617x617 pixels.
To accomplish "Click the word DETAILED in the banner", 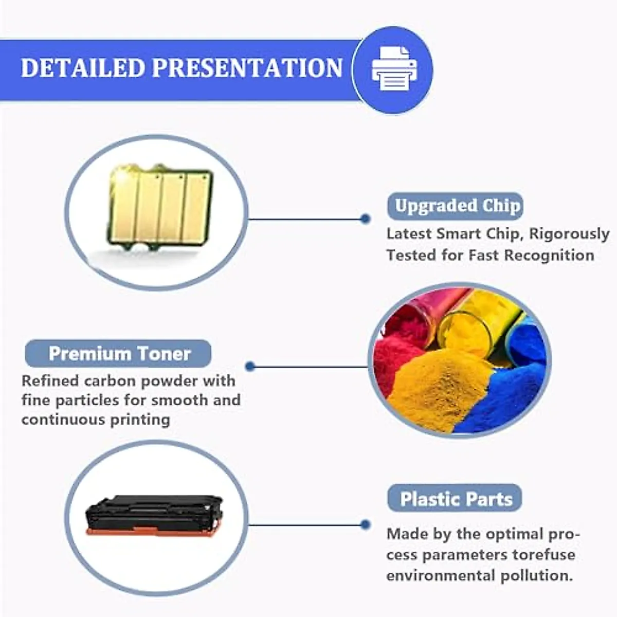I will tap(82, 68).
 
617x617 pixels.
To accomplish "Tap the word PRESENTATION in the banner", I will tap(247, 68).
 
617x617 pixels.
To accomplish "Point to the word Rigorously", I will tap(569, 234).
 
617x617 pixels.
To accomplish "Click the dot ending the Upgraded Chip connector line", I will tap(365, 219).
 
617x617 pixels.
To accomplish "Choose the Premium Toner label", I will tap(119, 354).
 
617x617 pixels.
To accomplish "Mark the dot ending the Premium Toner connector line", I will tap(250, 367).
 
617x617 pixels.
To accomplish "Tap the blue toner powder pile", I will tap(509, 396).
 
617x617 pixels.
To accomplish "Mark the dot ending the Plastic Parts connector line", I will tap(365, 525).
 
